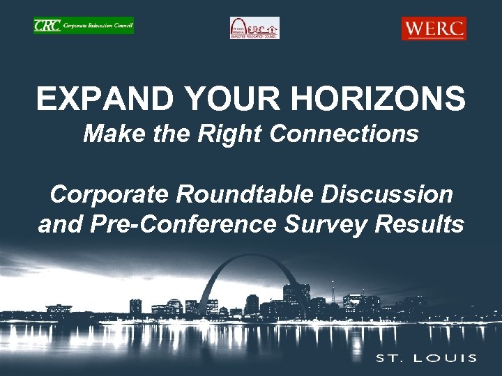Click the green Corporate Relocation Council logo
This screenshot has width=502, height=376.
[84, 26]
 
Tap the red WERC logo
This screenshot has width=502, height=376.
[434, 29]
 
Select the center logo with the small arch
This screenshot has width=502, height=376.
[254, 29]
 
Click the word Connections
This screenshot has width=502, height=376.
[343, 134]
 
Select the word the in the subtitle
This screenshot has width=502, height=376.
[171, 134]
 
